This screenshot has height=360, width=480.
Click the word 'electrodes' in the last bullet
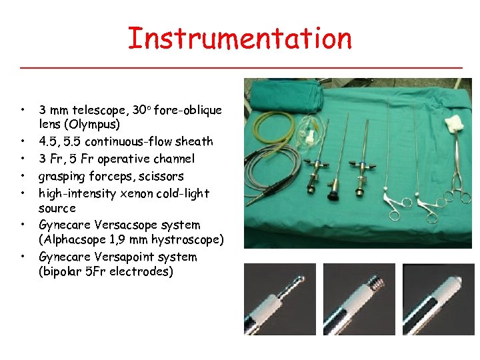pos(143,271)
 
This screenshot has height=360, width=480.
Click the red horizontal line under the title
pos(241,68)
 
